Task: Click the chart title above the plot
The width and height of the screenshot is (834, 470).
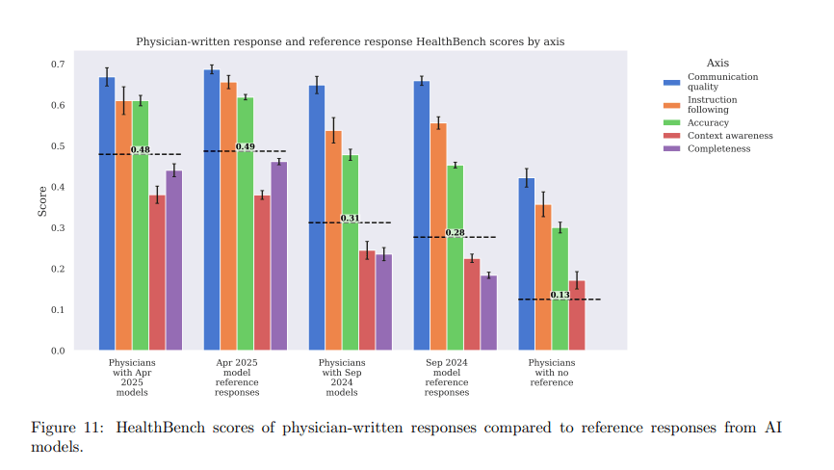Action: coord(350,42)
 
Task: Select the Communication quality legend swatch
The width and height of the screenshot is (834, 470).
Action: coord(672,82)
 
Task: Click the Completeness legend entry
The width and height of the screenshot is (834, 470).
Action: coord(717,148)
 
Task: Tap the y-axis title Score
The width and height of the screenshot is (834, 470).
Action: coord(42,200)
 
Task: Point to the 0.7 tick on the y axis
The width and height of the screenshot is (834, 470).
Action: coord(58,65)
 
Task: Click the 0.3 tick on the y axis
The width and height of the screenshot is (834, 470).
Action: coord(58,228)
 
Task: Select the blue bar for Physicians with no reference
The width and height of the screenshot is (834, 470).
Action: coord(527,264)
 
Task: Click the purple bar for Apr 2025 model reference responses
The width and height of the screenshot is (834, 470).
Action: coord(279,255)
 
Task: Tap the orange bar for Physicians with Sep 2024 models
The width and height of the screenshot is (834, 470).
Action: coord(333,240)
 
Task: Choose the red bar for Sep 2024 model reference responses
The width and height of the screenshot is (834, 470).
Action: coord(472,303)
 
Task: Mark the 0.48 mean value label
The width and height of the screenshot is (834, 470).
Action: coord(141,150)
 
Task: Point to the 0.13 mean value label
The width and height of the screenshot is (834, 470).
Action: coord(560,295)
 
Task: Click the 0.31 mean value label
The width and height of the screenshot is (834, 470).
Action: coord(351,219)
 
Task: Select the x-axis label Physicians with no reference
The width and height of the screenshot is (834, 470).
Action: coord(552,373)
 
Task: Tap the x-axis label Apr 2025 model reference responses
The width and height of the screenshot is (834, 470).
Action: coord(237,378)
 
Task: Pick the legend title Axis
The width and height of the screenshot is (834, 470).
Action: coord(717,63)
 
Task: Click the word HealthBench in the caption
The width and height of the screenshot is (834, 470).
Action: coord(161,427)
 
